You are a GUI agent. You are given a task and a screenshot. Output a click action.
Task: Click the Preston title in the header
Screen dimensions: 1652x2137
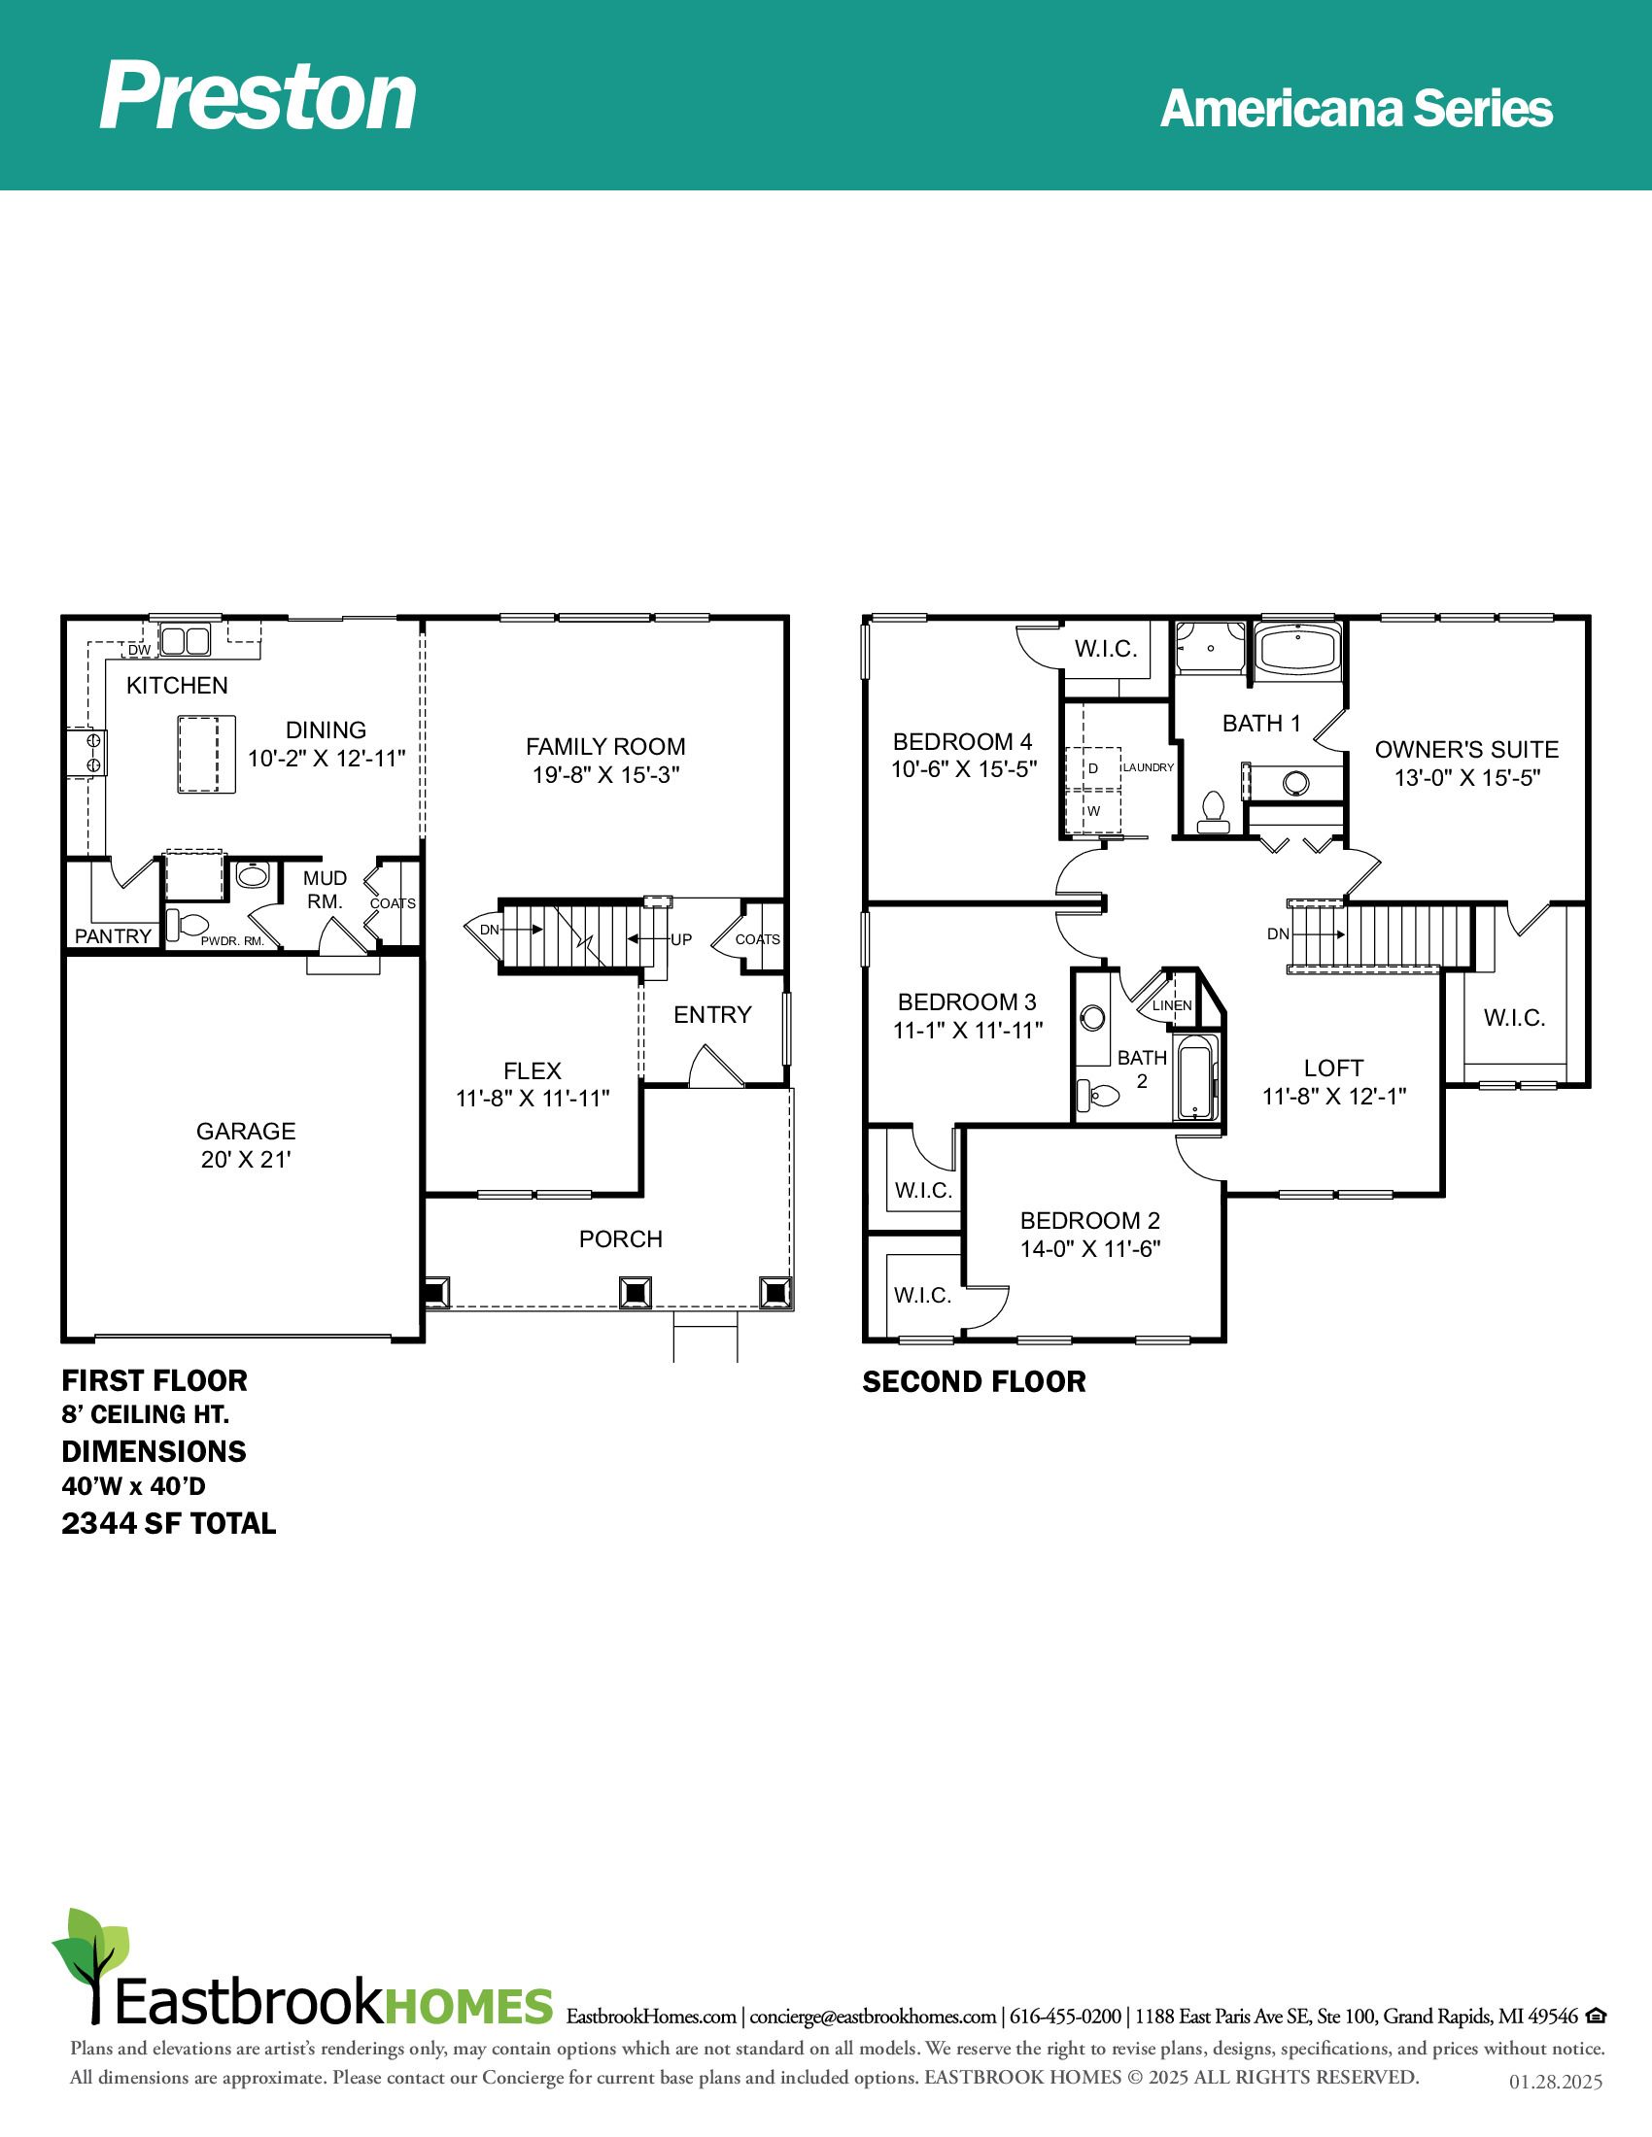pyautogui.click(x=258, y=96)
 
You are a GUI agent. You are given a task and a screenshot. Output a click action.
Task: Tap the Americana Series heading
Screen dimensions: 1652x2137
pyautogui.click(x=1357, y=108)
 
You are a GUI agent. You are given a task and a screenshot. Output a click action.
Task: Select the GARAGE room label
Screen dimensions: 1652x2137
pyautogui.click(x=246, y=1131)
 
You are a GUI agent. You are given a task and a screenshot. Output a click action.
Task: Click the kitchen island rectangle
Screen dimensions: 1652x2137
pyautogui.click(x=206, y=754)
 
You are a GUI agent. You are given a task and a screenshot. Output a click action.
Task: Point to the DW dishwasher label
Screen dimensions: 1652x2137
pyautogui.click(x=139, y=650)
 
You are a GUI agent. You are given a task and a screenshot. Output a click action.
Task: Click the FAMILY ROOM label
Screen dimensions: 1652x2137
pyautogui.click(x=605, y=747)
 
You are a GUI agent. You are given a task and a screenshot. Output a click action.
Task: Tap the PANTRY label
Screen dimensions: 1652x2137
pyautogui.click(x=114, y=936)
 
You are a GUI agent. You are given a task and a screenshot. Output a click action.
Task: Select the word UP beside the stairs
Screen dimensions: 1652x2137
pyautogui.click(x=681, y=939)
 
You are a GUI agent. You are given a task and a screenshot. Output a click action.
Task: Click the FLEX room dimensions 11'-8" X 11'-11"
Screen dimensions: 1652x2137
pyautogui.click(x=533, y=1099)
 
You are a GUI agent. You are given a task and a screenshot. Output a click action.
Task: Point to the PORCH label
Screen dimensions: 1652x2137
pyautogui.click(x=621, y=1239)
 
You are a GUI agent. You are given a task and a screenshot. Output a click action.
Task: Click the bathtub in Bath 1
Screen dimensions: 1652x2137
pyautogui.click(x=1298, y=649)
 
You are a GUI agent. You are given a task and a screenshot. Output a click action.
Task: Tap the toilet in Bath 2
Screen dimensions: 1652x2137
pyautogui.click(x=1098, y=1094)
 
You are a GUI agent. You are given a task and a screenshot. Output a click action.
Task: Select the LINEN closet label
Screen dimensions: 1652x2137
pyautogui.click(x=1173, y=1005)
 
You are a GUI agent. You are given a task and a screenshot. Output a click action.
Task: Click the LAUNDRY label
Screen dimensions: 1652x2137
pyautogui.click(x=1148, y=767)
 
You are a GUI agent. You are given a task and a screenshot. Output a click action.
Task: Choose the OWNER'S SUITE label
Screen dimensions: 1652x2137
pyautogui.click(x=1467, y=750)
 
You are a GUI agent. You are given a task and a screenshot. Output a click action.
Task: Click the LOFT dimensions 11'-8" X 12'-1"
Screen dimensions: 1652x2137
pyautogui.click(x=1334, y=1096)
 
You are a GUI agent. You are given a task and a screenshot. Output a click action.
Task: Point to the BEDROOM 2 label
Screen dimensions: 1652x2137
pyautogui.click(x=1090, y=1220)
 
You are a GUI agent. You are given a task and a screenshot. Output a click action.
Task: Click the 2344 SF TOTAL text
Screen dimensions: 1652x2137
pyautogui.click(x=169, y=1523)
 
